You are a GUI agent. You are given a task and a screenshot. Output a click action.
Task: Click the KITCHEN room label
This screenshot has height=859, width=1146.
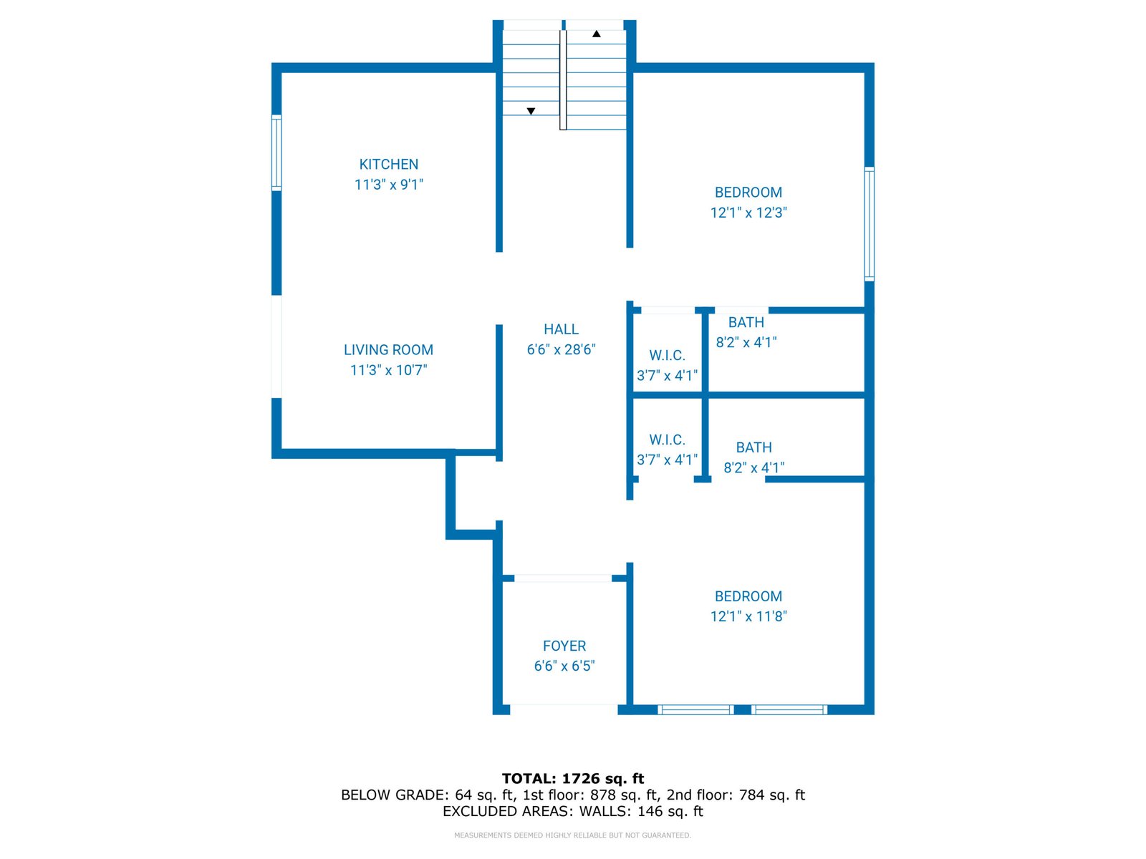[x=388, y=165]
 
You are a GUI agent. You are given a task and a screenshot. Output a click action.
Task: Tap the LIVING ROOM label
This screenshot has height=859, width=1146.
[x=388, y=350]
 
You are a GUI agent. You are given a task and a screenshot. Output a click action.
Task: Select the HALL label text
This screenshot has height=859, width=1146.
[x=562, y=329]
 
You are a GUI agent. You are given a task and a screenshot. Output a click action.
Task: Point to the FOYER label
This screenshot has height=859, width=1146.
[x=564, y=646]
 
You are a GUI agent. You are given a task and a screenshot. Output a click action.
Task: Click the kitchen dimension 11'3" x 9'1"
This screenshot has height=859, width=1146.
[x=388, y=185]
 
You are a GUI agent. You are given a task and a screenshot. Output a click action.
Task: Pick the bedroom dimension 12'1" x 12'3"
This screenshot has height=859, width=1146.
[x=748, y=213]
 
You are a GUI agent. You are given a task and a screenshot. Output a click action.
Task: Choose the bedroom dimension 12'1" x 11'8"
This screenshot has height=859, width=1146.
[x=748, y=616]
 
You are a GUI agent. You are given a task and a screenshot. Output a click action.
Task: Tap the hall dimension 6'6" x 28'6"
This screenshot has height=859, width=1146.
[x=562, y=349]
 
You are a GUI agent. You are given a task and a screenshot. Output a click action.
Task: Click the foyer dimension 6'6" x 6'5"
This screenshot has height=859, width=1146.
[x=564, y=666]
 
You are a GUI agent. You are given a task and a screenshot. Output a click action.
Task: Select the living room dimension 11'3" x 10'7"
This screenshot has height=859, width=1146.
[x=388, y=370]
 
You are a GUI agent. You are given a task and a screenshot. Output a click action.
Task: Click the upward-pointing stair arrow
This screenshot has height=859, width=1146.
[x=596, y=34]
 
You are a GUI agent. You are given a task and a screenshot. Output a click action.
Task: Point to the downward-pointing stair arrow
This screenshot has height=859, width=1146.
[x=531, y=111]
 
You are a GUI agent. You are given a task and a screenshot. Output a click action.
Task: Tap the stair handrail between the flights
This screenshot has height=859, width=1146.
[x=563, y=79]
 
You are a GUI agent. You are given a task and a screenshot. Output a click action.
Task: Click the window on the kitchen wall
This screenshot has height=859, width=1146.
[x=276, y=152]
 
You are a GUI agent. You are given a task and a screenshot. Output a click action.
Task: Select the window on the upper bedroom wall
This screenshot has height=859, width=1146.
[x=870, y=224]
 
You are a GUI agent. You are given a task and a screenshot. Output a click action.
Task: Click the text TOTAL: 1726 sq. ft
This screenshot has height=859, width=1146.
[x=573, y=779]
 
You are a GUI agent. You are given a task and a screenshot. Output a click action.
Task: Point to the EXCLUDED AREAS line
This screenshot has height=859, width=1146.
[x=573, y=812]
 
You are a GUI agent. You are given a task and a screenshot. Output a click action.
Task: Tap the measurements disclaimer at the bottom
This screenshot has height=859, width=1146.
[x=573, y=835]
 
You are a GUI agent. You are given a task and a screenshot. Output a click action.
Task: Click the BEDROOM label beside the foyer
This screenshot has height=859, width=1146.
[x=748, y=596]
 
